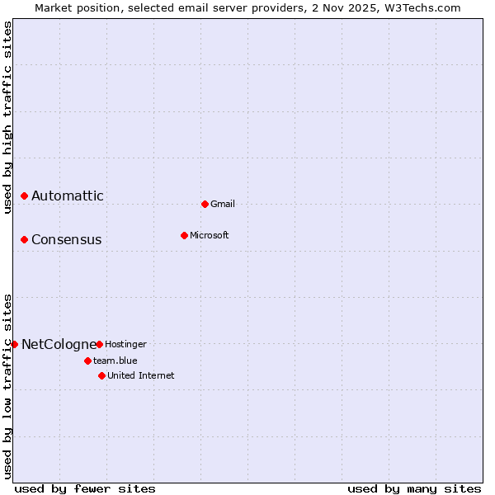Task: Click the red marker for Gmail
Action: point(205,204)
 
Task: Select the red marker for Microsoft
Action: point(184,235)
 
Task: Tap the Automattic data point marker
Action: point(25,196)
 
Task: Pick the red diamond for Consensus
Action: point(25,239)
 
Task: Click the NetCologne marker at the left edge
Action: point(14,344)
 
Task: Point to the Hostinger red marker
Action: point(99,344)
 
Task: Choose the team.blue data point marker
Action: point(87,361)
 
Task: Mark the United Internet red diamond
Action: point(101,375)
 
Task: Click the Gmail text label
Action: point(223,204)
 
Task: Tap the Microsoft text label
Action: point(210,235)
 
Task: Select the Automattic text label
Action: point(68,196)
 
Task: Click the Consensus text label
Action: point(67,239)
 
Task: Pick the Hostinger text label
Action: point(125,344)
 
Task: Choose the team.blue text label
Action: point(115,361)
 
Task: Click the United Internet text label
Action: point(141,375)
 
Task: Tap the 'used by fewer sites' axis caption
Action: point(85,488)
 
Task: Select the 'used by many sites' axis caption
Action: point(414,488)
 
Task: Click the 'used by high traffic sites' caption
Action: point(7,118)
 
